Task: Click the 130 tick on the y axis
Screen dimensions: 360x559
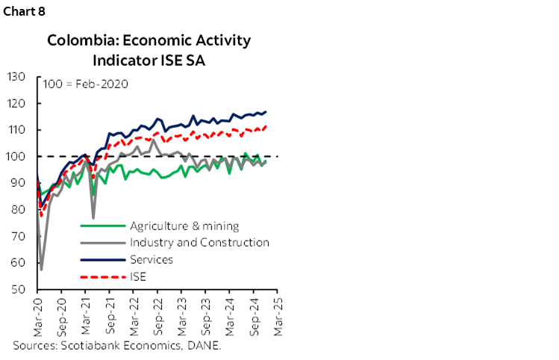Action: point(17,77)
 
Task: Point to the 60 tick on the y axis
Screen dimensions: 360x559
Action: point(20,263)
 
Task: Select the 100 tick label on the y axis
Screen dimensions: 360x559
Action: point(17,157)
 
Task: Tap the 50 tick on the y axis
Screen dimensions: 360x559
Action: point(20,290)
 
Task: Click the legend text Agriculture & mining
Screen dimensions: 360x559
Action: point(184,226)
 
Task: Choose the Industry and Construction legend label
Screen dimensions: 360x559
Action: point(199,243)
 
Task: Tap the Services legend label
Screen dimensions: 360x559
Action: point(152,260)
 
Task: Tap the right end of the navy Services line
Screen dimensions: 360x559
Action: point(266,112)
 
